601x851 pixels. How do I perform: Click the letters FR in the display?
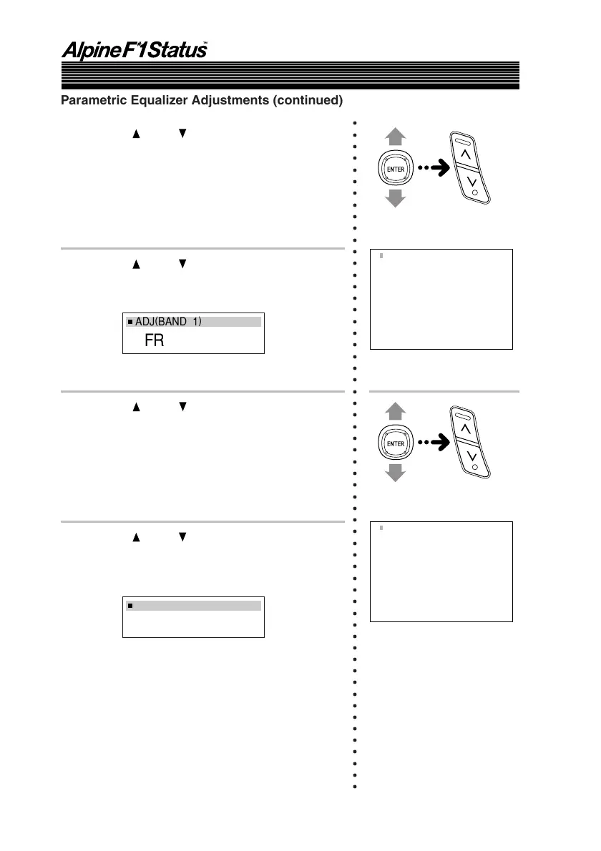click(154, 341)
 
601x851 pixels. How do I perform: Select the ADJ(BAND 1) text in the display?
click(169, 322)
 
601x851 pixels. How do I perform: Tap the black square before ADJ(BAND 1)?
click(130, 323)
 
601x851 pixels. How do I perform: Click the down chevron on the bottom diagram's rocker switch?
click(472, 456)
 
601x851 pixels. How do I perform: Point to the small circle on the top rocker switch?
click(475, 193)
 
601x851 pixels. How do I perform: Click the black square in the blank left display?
click(131, 606)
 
